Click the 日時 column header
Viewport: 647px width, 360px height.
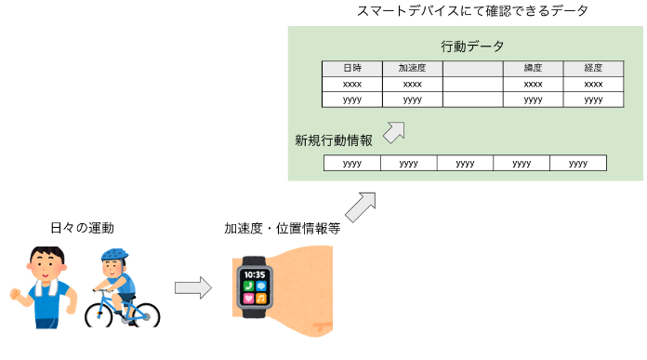(x=352, y=69)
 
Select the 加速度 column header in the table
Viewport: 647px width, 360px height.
(x=413, y=69)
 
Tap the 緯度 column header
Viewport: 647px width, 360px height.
(x=533, y=69)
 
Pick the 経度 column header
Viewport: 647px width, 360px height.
(x=593, y=69)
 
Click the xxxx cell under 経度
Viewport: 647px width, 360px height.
(x=593, y=85)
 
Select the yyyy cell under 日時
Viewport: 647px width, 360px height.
(x=352, y=100)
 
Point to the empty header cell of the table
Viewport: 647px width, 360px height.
(x=473, y=69)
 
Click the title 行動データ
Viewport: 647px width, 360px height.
(x=472, y=47)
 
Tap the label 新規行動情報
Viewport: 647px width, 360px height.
(x=334, y=140)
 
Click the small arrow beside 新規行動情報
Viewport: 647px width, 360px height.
(x=394, y=132)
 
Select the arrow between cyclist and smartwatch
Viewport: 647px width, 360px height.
(x=193, y=287)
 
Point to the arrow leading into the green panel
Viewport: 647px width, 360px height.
(x=361, y=207)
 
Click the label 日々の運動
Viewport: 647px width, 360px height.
(x=82, y=228)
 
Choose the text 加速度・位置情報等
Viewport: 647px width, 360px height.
(x=283, y=228)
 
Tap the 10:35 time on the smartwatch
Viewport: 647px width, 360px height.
(x=254, y=274)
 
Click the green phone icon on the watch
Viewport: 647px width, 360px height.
(x=248, y=287)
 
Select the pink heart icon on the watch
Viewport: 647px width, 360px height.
(x=248, y=298)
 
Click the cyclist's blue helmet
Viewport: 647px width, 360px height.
(x=114, y=254)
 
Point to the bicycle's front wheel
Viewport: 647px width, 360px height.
(x=99, y=316)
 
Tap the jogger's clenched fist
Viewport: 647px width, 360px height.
(x=15, y=294)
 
